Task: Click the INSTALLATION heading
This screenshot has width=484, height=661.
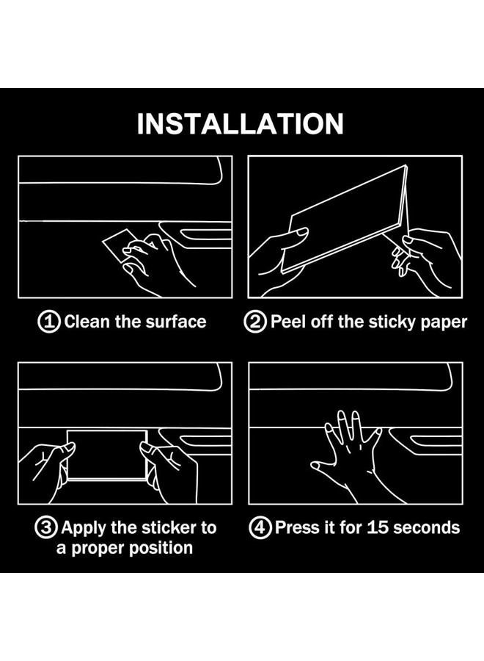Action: (241, 123)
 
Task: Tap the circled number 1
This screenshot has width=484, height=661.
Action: (49, 322)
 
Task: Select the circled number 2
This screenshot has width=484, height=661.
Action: (255, 322)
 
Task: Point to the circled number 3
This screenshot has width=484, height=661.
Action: (46, 528)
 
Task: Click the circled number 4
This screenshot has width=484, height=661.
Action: (260, 528)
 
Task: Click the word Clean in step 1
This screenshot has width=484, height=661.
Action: (87, 322)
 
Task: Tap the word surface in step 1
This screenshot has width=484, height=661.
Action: (176, 322)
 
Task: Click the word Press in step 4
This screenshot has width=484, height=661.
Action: (296, 528)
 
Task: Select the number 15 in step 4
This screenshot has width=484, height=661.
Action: (376, 528)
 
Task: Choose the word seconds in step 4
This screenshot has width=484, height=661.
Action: (425, 528)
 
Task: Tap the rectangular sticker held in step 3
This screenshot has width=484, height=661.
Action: (107, 455)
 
